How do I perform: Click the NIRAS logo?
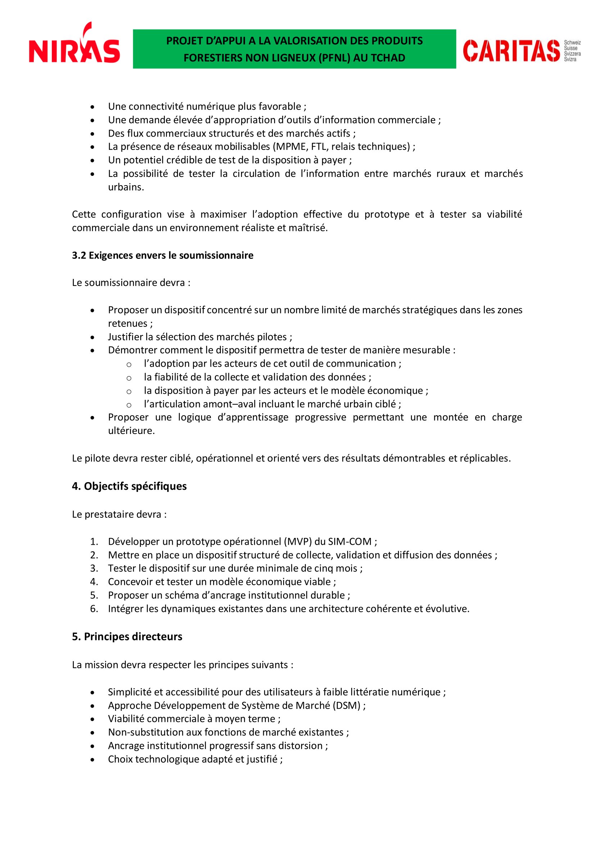click(x=74, y=46)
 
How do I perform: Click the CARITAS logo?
click(x=512, y=51)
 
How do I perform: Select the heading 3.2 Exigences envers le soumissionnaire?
click(x=162, y=255)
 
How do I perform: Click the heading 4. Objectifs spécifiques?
click(x=130, y=486)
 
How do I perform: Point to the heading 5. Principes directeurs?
click(x=127, y=637)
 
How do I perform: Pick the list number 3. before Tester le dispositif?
click(x=94, y=568)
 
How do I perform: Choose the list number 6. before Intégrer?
click(x=94, y=608)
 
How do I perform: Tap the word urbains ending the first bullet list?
click(x=126, y=187)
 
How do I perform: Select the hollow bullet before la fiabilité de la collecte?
click(x=129, y=378)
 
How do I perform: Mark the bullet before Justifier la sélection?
click(x=93, y=337)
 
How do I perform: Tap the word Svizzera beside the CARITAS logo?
click(x=572, y=54)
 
